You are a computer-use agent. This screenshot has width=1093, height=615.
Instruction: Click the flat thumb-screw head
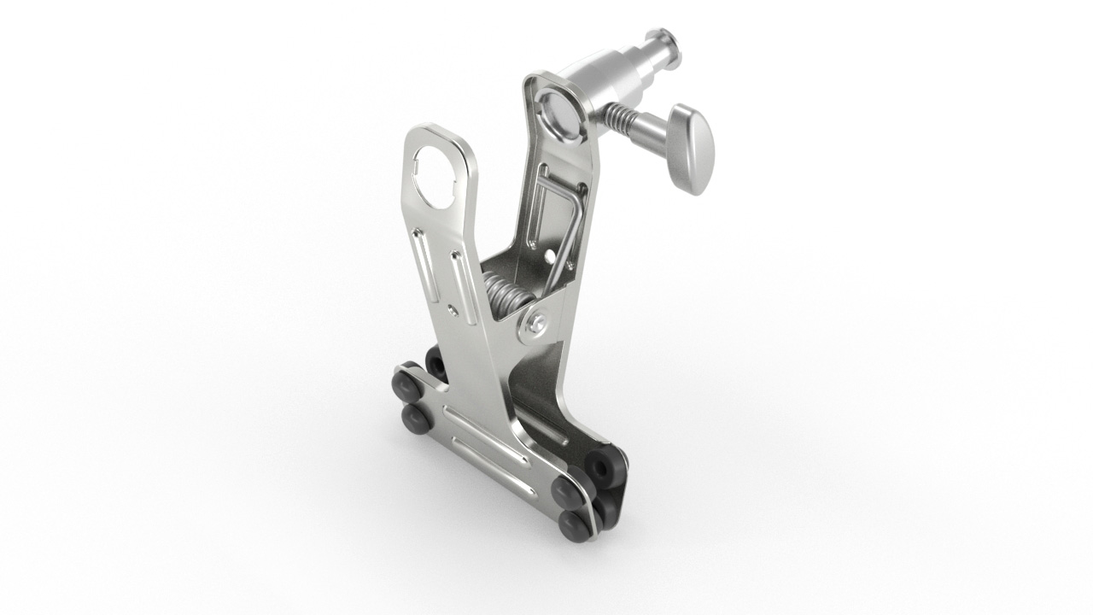pos(693,148)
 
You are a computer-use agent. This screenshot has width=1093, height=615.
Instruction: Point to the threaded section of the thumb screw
pos(621,120)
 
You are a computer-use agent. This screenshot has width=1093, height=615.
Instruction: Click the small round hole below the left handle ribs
pos(452,303)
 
